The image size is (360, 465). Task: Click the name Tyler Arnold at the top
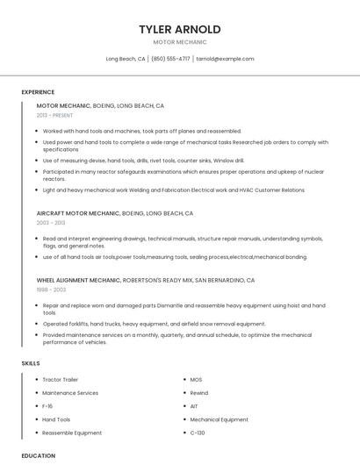click(180, 29)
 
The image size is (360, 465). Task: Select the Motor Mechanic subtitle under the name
click(180, 42)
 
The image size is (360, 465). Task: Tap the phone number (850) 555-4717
click(170, 59)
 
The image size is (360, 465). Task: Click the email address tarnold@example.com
click(225, 59)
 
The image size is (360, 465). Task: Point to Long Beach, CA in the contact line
click(126, 59)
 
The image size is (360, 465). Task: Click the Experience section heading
click(38, 92)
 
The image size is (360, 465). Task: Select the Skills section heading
click(31, 363)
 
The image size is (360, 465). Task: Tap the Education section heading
click(39, 456)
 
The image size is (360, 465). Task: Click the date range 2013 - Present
click(55, 116)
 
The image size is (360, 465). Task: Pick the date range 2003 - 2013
click(50, 223)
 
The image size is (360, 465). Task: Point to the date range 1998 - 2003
click(51, 290)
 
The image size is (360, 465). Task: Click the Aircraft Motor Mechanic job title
click(78, 213)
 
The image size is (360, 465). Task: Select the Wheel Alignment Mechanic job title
click(79, 280)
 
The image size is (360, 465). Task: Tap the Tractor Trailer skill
click(61, 380)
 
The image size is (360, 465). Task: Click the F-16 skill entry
click(48, 406)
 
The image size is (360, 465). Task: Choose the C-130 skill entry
click(198, 433)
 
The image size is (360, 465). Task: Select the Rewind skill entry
click(199, 393)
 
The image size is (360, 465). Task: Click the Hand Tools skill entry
click(56, 419)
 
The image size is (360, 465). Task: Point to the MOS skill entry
click(196, 380)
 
